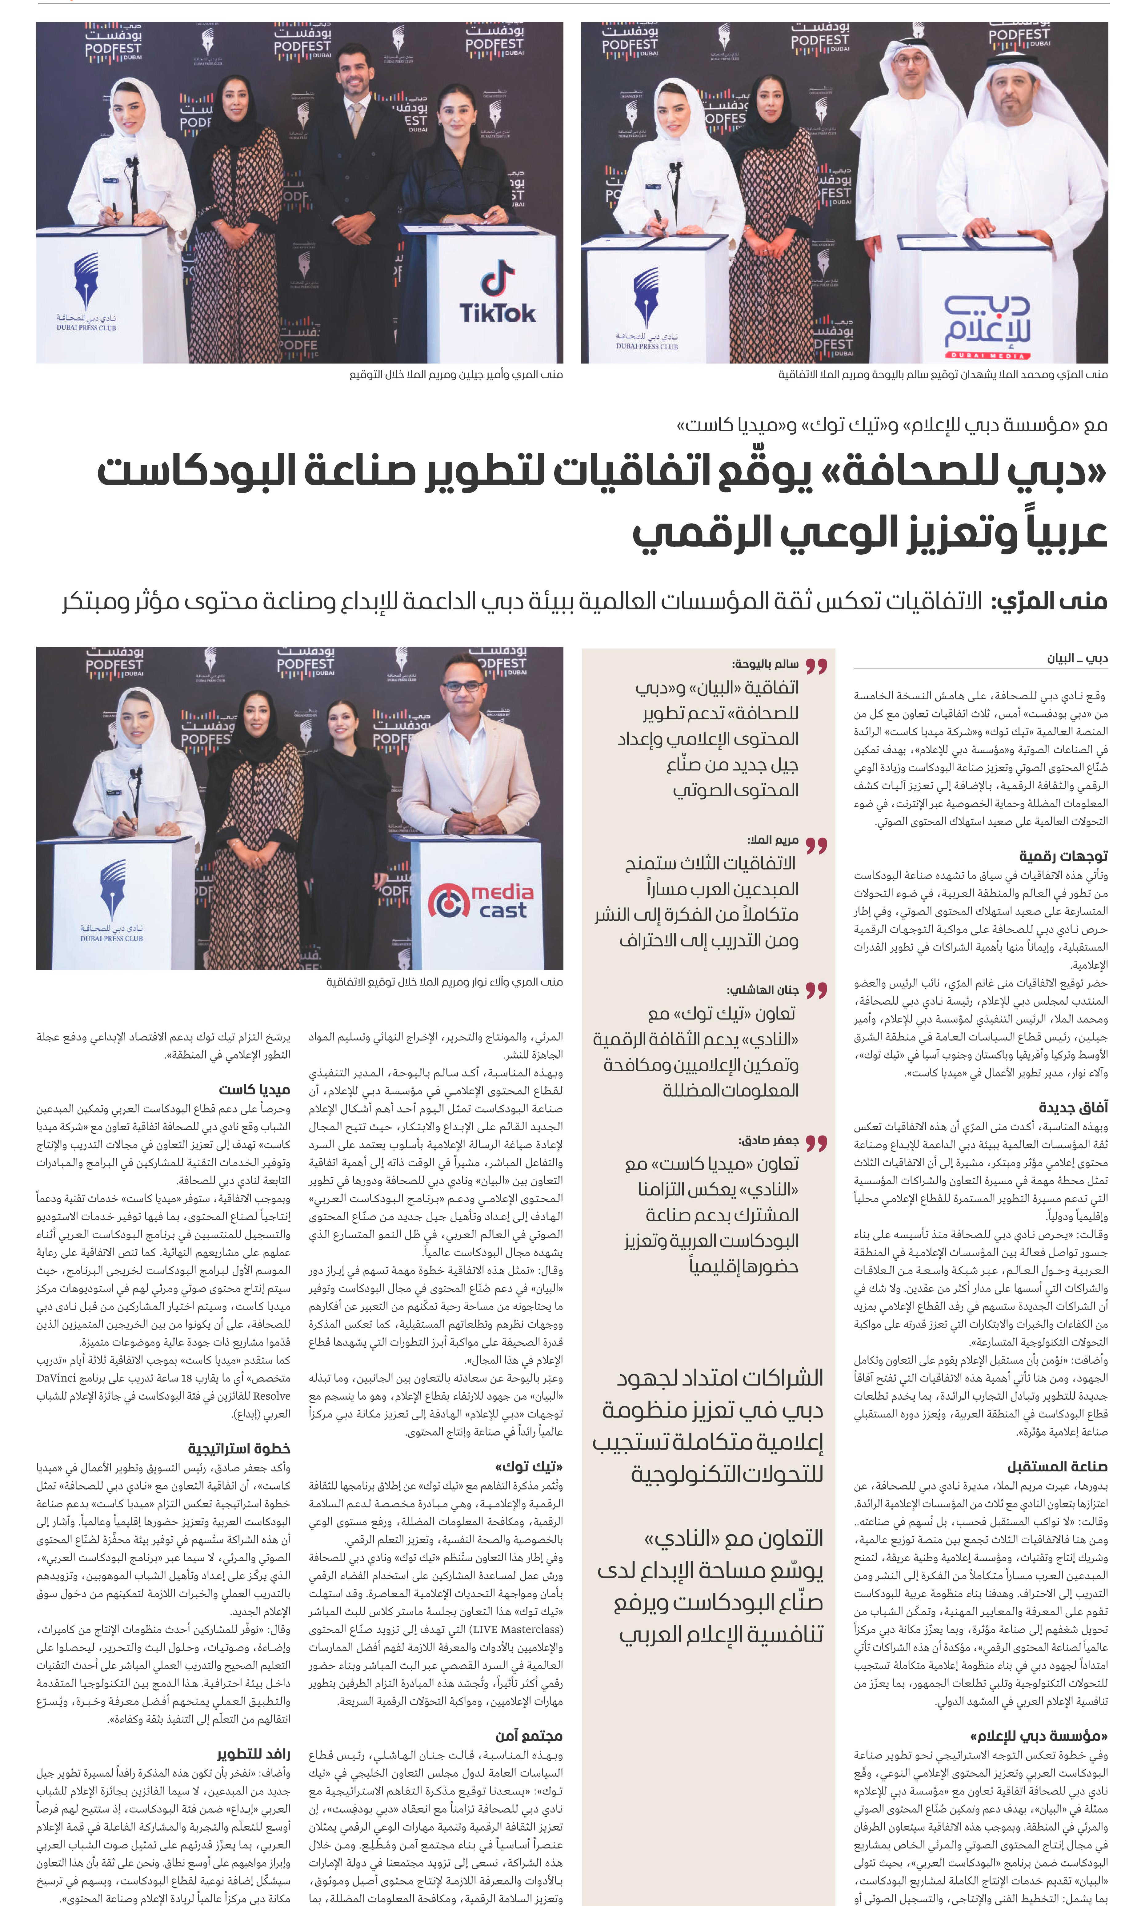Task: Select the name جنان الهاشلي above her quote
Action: pos(763,990)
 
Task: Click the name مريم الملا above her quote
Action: pos(773,840)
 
